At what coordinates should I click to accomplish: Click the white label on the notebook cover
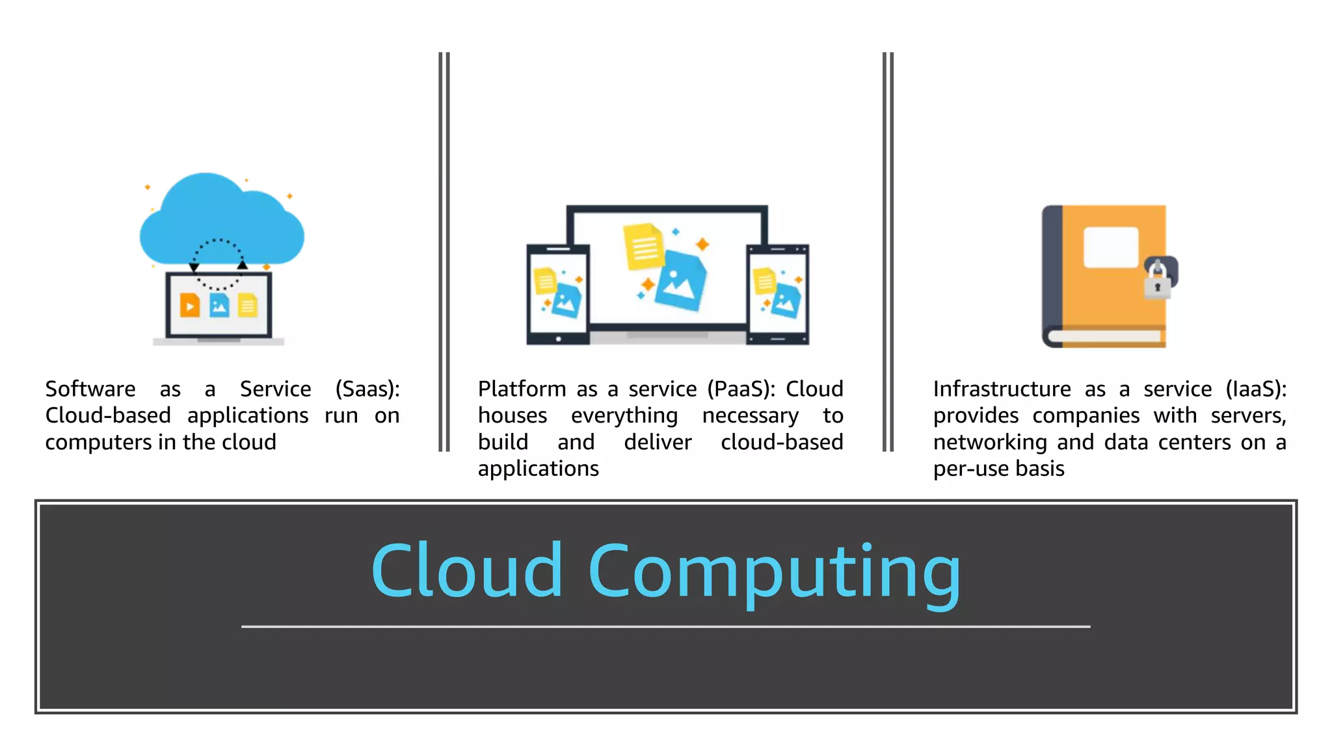[1111, 247]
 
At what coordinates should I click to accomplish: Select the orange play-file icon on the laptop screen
[190, 305]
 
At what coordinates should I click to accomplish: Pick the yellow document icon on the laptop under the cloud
[248, 305]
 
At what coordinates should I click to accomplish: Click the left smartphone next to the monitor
[558, 294]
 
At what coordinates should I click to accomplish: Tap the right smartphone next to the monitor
[777, 294]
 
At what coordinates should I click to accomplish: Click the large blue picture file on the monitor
[680, 281]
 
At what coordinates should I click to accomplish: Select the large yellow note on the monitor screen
[643, 246]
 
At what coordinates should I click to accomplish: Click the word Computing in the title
[774, 571]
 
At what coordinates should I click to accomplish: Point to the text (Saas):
[367, 389]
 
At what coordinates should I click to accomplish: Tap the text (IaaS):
[1256, 389]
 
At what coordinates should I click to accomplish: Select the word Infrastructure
[1002, 389]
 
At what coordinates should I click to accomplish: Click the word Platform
[522, 389]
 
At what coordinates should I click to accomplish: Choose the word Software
[90, 389]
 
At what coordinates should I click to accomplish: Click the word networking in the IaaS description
[990, 442]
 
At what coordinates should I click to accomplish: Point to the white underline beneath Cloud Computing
[665, 626]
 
